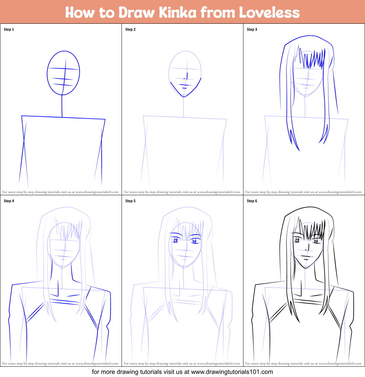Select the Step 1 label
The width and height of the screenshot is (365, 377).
[9, 30]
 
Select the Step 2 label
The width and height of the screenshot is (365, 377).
[131, 30]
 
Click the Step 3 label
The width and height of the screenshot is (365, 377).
[252, 30]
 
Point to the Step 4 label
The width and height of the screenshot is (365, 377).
[9, 201]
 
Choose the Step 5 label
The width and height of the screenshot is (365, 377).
[131, 201]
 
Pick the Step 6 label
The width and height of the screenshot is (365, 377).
[252, 201]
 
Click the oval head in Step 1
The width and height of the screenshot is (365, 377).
[63, 73]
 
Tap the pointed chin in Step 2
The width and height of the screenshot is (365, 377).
[184, 96]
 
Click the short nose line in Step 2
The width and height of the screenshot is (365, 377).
[187, 76]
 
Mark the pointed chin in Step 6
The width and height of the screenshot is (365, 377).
[304, 268]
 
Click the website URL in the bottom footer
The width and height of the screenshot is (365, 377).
[232, 372]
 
